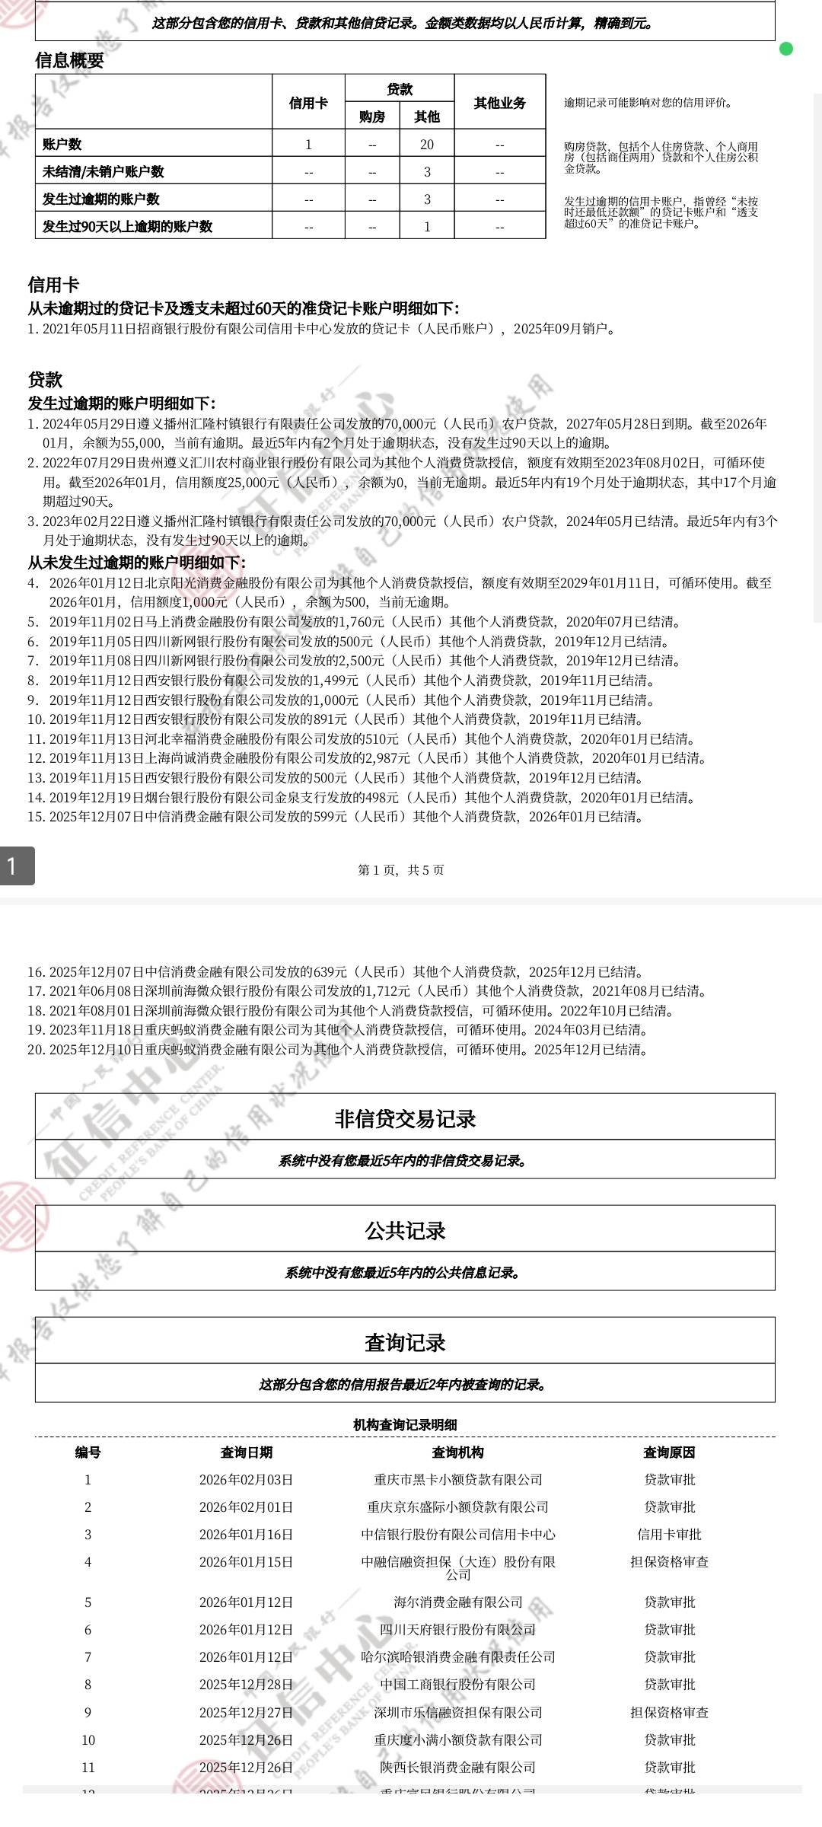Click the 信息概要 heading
(69, 61)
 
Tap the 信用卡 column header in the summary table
(308, 103)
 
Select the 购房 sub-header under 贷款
(372, 116)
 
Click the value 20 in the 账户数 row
(427, 145)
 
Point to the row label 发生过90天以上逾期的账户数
(127, 226)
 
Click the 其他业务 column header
(499, 103)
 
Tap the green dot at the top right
(786, 49)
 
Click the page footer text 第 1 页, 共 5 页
(401, 870)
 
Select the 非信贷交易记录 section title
(405, 1118)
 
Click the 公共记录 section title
(405, 1230)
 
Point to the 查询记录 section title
(405, 1342)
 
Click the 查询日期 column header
(246, 1452)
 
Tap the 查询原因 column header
(669, 1452)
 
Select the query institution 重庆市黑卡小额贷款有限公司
(457, 1480)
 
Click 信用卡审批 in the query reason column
(669, 1535)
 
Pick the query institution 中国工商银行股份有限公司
(457, 1685)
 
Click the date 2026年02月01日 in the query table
(246, 1507)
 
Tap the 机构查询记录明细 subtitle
(405, 1425)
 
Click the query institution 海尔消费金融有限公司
(457, 1602)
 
